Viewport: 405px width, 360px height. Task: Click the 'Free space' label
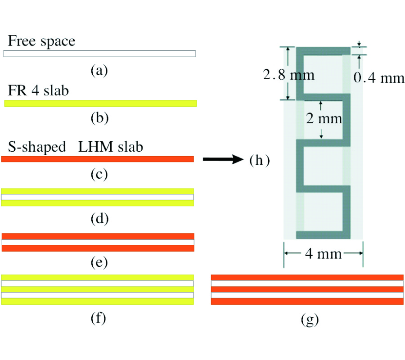pos(41,41)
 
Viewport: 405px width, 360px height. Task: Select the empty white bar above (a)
pos(99,54)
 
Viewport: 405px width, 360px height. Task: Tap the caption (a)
pos(99,70)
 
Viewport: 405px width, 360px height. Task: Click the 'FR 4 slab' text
pos(38,90)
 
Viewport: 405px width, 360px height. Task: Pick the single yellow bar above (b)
pos(100,103)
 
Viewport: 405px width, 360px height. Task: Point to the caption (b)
pos(99,118)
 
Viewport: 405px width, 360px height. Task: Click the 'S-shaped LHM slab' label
pos(76,147)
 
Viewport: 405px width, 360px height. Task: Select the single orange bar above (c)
pos(98,159)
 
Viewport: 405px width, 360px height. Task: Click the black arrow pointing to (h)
pos(223,159)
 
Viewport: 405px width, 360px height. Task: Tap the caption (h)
pos(260,160)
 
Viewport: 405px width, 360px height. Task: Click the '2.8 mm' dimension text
pos(289,75)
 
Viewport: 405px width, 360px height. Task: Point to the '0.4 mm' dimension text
pos(379,77)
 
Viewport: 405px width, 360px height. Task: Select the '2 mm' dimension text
pos(324,118)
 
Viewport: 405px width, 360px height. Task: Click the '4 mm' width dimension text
pos(324,254)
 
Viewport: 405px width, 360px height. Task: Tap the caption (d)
pos(99,219)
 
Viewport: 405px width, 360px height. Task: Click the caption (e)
pos(99,262)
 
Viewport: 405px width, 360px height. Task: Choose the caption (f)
pos(99,318)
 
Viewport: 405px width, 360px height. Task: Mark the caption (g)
pos(310,319)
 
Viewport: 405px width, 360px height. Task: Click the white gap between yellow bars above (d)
pos(98,197)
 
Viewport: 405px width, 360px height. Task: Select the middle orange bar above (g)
pos(307,289)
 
